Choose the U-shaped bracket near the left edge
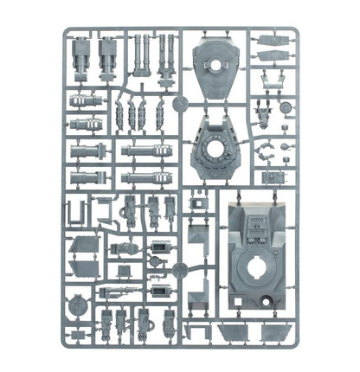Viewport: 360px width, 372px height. click(x=76, y=211)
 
